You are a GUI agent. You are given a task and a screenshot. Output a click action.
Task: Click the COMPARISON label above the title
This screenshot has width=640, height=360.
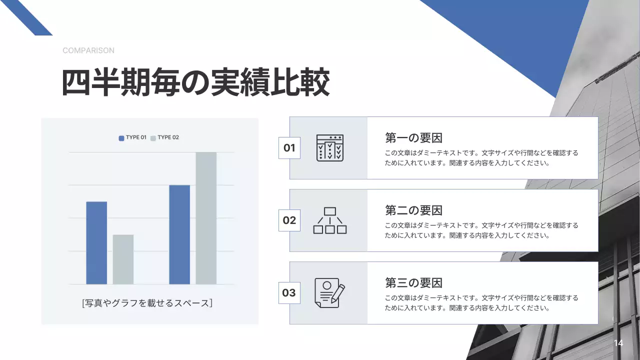pos(88,50)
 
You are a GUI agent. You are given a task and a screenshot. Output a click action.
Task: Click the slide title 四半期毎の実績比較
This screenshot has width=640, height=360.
pos(195,82)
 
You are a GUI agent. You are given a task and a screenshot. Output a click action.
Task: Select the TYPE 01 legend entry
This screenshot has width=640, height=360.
pos(132,137)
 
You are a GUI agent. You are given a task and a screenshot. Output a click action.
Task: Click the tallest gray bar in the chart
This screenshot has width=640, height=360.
pos(206,218)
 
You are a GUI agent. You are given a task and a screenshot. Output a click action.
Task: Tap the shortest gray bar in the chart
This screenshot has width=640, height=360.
pos(123,259)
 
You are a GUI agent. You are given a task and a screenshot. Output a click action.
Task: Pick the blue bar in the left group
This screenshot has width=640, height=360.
pos(96,242)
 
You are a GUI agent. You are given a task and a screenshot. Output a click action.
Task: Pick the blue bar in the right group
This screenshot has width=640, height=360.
pos(179,234)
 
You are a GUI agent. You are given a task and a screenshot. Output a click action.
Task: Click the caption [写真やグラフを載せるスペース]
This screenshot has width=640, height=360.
pos(147,302)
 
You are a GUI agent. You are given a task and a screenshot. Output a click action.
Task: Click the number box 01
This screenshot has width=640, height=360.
pos(289,148)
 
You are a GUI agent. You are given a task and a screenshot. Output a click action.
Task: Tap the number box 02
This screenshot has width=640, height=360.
pos(289,220)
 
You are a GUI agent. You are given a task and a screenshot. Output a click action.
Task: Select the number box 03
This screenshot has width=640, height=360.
pos(289,293)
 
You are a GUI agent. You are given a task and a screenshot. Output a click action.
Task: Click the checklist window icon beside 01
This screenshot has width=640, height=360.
pos(330,147)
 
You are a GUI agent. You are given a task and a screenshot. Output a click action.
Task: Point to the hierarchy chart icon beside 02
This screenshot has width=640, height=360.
pos(330,220)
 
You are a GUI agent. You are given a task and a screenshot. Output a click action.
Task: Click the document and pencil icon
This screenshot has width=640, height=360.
pos(329,293)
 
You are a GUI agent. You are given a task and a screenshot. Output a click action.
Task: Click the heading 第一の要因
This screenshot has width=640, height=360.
pos(413,137)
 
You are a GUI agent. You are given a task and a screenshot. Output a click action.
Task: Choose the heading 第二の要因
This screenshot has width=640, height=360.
pos(413,210)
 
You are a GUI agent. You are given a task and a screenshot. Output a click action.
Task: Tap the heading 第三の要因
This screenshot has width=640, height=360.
pos(413,282)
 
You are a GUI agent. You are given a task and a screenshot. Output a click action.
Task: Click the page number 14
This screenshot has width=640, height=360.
pos(618,343)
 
